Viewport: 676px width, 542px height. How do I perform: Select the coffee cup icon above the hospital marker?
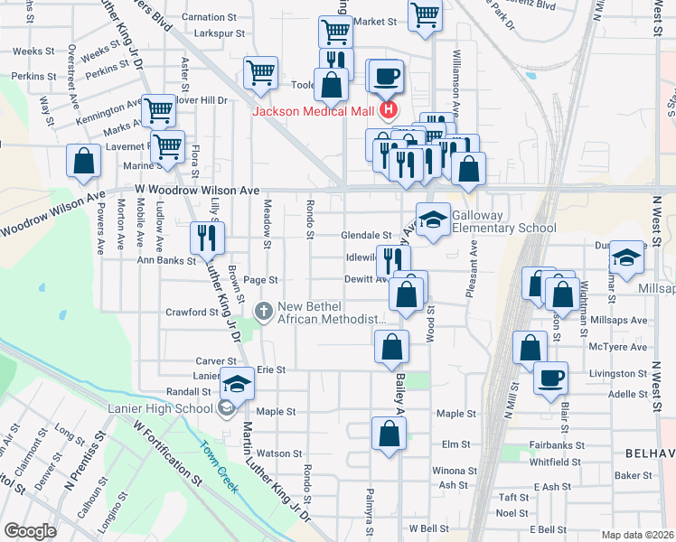387,77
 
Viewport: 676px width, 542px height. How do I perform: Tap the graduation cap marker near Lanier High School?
237,385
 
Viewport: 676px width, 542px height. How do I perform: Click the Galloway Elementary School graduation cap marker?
433,220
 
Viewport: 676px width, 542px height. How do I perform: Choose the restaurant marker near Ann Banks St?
207,238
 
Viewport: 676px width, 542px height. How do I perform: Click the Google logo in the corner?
30,531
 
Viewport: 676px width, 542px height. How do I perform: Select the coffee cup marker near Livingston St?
550,378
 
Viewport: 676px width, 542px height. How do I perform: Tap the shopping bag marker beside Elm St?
389,433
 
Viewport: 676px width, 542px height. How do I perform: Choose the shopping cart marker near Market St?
425,15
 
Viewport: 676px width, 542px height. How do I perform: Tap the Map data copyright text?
637,535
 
